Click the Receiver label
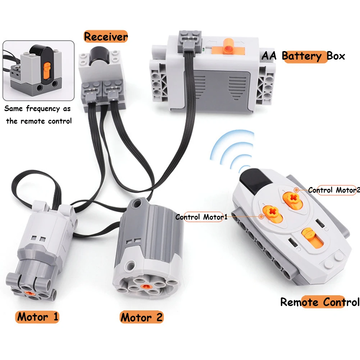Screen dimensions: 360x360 (106, 37)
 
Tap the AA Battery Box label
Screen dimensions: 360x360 (303, 56)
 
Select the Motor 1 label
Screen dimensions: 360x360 (37, 317)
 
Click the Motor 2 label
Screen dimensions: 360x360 (141, 317)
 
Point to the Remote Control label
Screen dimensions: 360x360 (319, 302)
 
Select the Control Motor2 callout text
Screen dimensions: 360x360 (333, 190)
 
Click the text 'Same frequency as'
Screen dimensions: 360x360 (37, 109)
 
